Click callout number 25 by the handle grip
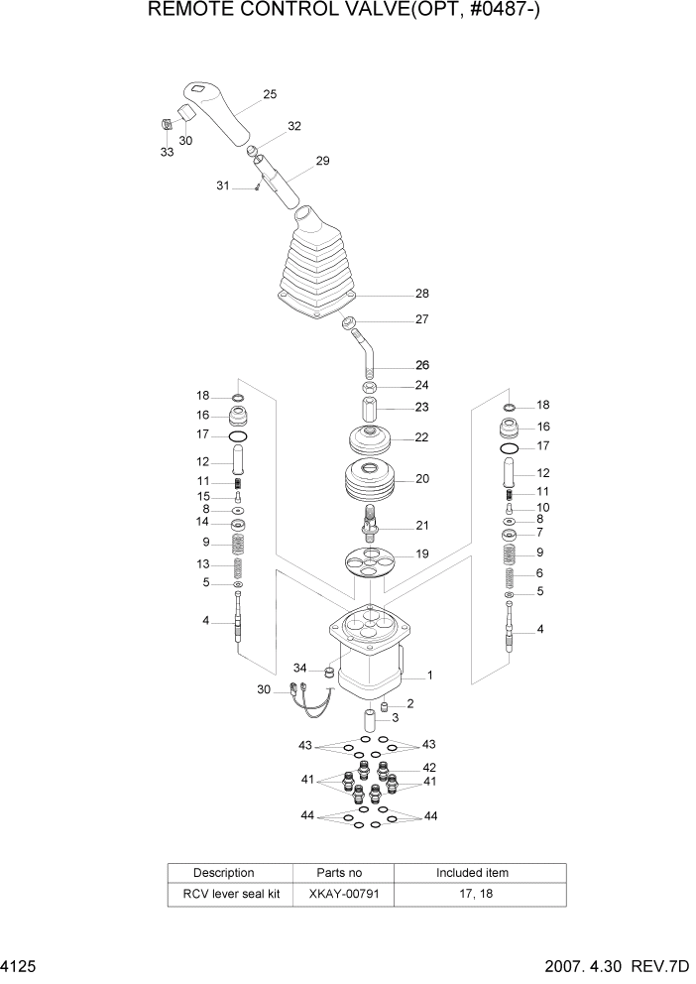click(x=270, y=95)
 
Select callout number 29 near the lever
click(x=322, y=161)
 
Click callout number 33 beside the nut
click(x=167, y=152)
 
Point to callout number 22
click(x=421, y=437)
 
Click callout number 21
click(x=421, y=525)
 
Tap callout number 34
click(x=300, y=668)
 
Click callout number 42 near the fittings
click(x=429, y=767)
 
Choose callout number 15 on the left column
click(x=203, y=496)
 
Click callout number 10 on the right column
click(x=540, y=507)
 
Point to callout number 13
click(x=203, y=563)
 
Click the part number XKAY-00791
click(x=339, y=894)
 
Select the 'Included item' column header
click(x=472, y=873)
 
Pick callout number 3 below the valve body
click(x=395, y=717)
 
